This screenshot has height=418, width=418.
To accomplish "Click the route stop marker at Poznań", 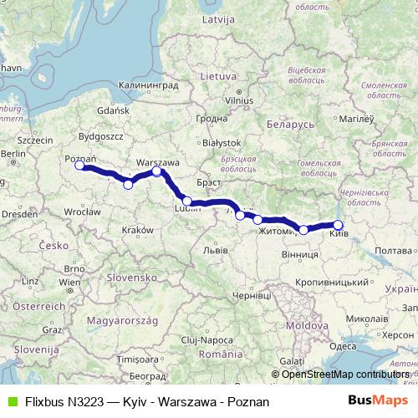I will click(x=79, y=166).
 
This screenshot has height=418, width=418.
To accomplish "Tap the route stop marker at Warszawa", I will click(x=157, y=171).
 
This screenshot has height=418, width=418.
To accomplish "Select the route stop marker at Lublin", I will click(x=187, y=201).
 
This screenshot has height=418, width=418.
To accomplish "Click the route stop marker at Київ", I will click(x=339, y=224).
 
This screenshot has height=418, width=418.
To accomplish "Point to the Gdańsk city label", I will click(x=113, y=110).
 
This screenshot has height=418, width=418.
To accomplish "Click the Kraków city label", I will click(x=137, y=230).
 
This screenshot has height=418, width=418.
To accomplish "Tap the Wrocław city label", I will click(x=82, y=212).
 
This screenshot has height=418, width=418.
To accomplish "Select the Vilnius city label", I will click(x=216, y=100).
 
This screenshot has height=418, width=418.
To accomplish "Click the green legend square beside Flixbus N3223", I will click(x=11, y=402).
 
